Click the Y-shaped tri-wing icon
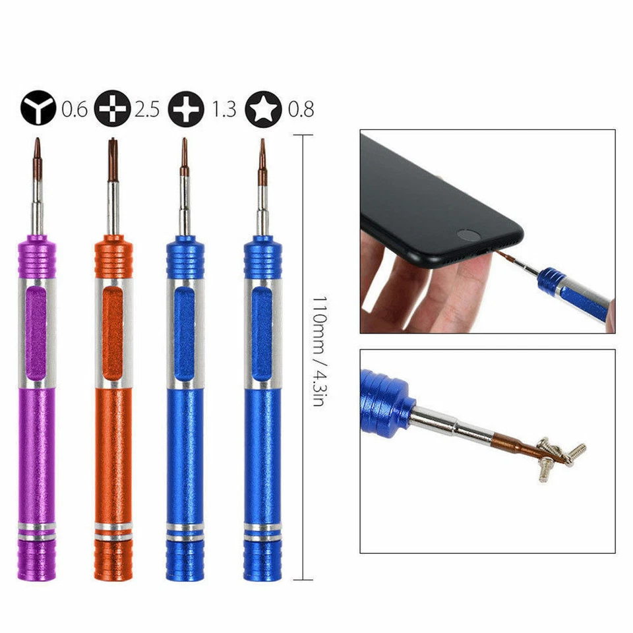point(38,108)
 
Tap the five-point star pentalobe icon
point(262,108)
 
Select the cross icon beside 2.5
point(112,108)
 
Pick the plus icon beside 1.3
point(187,108)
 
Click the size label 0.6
point(74,109)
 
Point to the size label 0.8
point(300,109)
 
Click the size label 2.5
point(147,109)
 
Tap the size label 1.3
point(224,109)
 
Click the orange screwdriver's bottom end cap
point(113,560)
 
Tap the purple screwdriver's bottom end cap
point(37,560)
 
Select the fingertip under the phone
point(455,277)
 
